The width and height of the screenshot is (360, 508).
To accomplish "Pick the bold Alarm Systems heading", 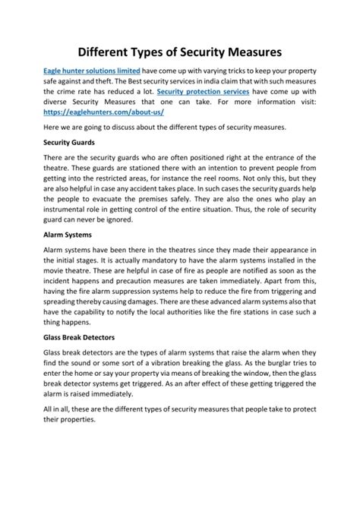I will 68,234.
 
